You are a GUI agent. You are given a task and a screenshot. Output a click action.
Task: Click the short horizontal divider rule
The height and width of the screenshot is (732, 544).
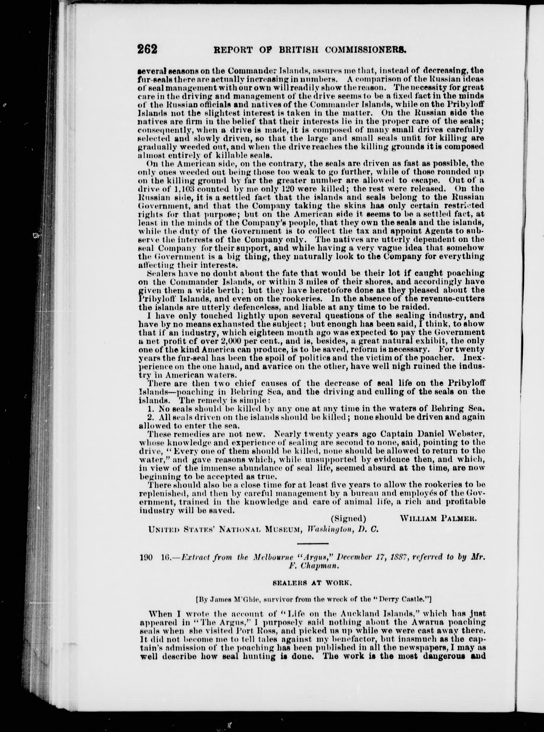313,543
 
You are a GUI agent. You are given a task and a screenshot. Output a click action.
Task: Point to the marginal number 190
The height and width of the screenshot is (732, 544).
146,557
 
